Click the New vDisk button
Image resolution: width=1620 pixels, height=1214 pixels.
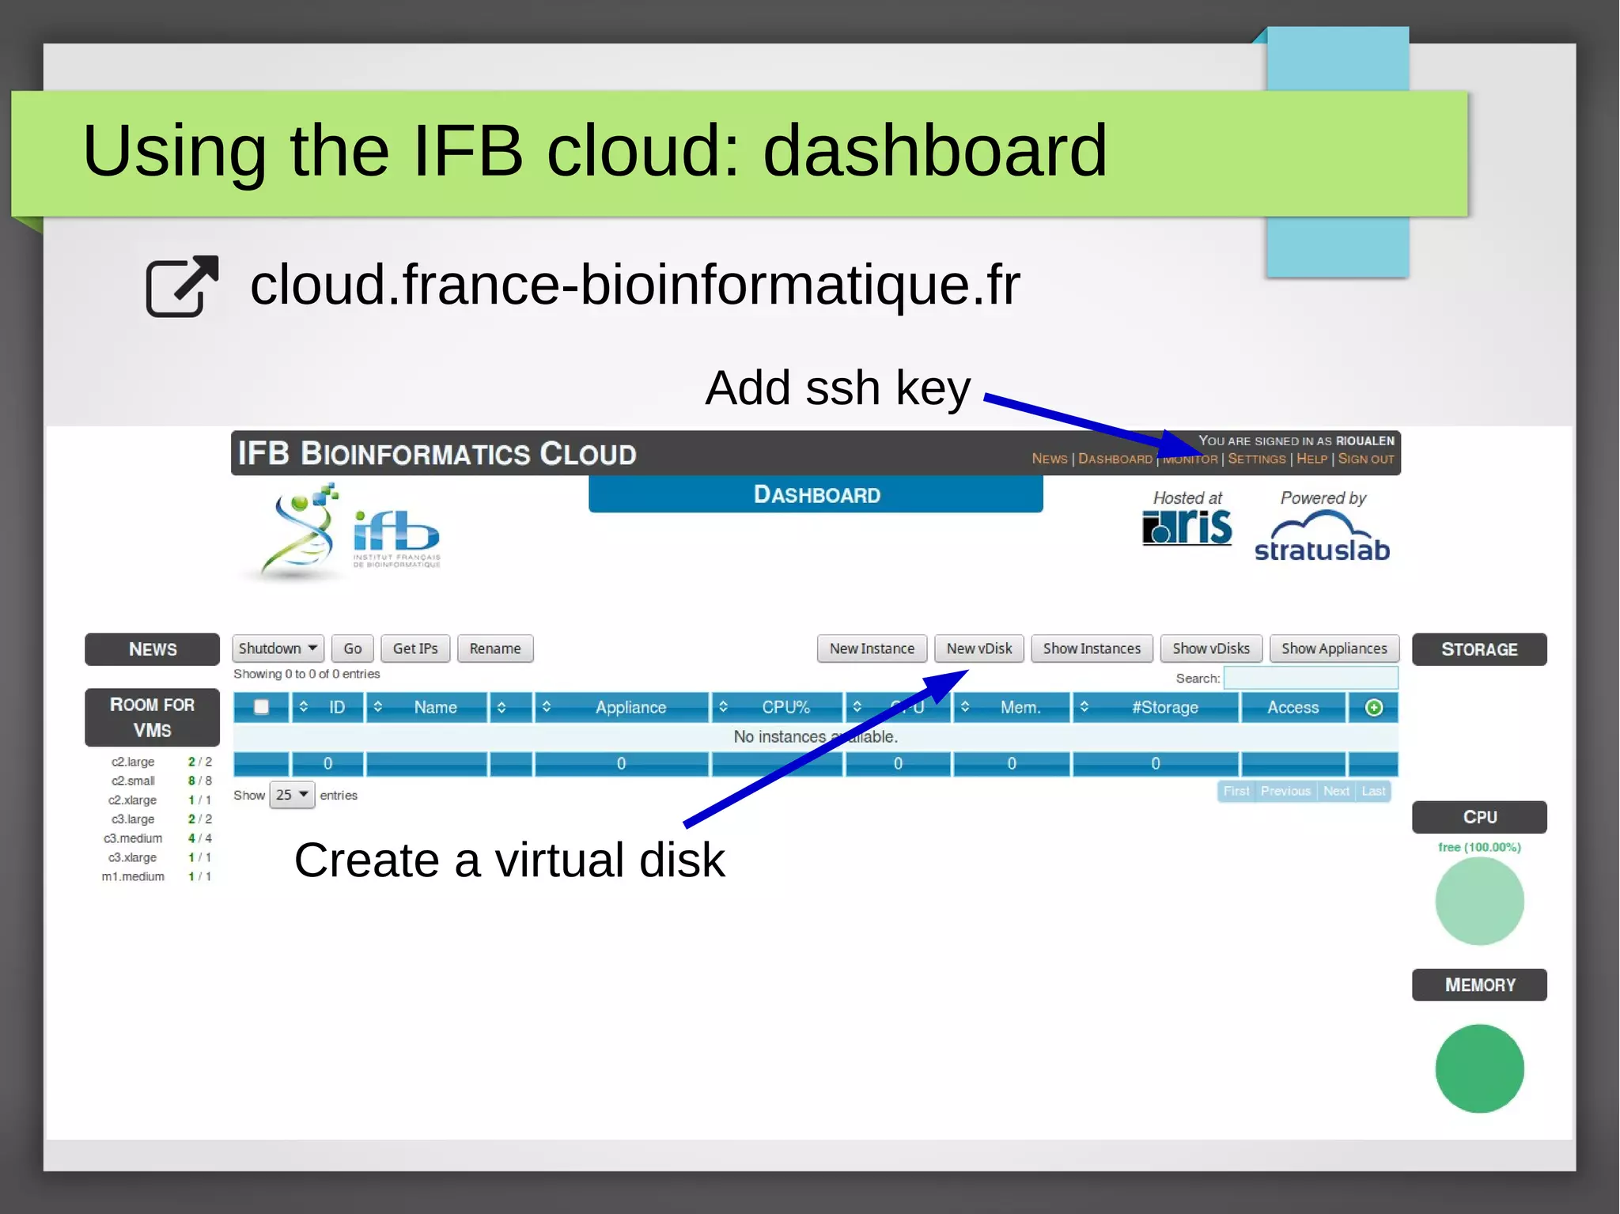tap(978, 649)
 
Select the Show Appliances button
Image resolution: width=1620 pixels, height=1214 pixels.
tap(1334, 649)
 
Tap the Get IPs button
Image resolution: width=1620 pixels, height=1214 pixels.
tap(415, 649)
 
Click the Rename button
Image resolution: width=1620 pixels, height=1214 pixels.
tap(495, 649)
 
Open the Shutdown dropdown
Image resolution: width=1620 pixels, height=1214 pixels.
tap(278, 649)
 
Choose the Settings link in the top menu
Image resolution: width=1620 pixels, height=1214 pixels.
tap(1256, 459)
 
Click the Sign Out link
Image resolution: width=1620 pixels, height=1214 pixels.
tap(1365, 459)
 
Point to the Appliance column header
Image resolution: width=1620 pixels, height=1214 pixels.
tap(630, 707)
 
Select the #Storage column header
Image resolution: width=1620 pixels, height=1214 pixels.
tap(1164, 707)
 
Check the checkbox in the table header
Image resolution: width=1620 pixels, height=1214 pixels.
tap(261, 707)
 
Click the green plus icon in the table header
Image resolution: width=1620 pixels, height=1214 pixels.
tap(1374, 707)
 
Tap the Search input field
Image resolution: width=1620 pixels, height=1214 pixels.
tap(1310, 678)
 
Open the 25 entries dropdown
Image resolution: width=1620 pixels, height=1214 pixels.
tap(292, 795)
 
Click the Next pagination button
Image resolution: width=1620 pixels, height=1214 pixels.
tap(1336, 791)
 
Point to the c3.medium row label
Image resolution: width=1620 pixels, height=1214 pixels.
tap(133, 838)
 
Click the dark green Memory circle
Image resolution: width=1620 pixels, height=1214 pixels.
tap(1479, 1068)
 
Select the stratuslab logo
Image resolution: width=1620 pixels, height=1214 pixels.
tap(1322, 538)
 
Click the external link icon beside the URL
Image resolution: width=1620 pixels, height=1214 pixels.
tap(182, 286)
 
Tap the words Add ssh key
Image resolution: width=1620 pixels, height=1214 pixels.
tap(837, 388)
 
